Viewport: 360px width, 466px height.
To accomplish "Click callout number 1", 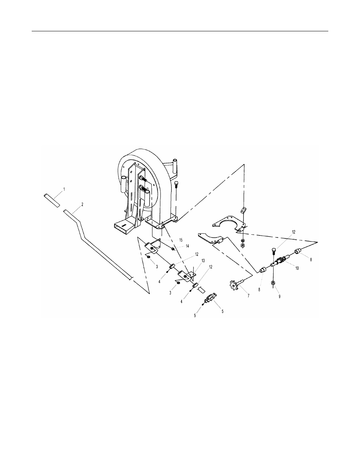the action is [64, 189].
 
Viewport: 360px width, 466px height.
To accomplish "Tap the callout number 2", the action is [82, 205].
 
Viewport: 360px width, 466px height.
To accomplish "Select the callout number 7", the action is [248, 296].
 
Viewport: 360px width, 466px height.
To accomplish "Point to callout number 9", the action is [279, 296].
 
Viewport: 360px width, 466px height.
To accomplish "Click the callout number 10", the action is [297, 268].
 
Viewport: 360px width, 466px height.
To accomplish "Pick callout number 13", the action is [203, 261].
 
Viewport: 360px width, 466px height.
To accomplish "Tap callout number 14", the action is [187, 246].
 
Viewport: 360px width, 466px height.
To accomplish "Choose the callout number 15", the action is [181, 240].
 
